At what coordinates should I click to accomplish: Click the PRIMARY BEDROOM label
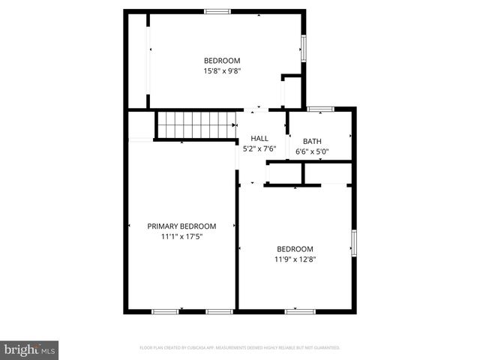pos(181,226)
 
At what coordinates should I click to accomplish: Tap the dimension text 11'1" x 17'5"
pos(181,236)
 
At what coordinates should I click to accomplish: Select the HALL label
pos(259,138)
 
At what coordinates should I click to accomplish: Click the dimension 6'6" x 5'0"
pos(312,151)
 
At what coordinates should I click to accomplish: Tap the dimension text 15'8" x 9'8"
pos(222,71)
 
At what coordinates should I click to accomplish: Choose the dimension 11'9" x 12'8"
pos(295,259)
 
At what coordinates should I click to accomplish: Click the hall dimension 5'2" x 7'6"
pos(259,148)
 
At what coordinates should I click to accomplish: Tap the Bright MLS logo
pos(30,349)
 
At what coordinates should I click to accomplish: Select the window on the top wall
pos(217,10)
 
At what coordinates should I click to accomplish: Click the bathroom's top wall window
pos(320,109)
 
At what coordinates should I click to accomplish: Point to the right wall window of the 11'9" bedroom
pos(354,244)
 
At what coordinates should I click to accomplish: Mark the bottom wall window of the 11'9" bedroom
pos(300,310)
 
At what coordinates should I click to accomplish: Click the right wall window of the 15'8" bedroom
pos(304,46)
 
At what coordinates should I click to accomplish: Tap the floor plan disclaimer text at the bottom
pos(240,348)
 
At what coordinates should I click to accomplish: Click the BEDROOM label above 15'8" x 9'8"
pos(222,61)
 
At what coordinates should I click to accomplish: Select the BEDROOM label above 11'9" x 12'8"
pos(295,249)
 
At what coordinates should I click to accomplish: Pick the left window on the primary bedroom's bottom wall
pos(165,310)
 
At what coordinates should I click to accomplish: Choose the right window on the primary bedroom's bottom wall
pos(220,310)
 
